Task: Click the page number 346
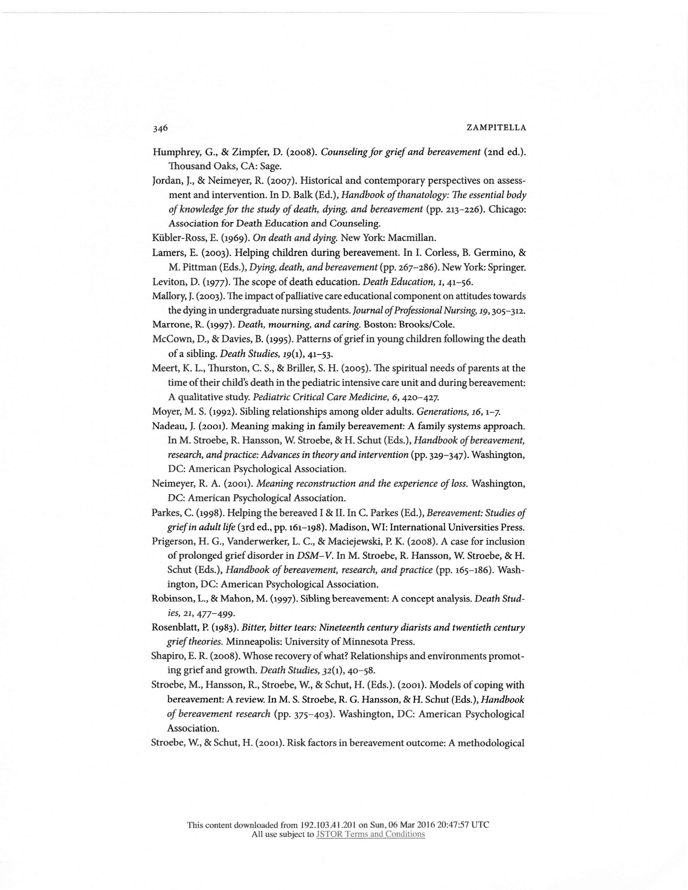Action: click(160, 128)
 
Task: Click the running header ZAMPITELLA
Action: click(496, 128)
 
